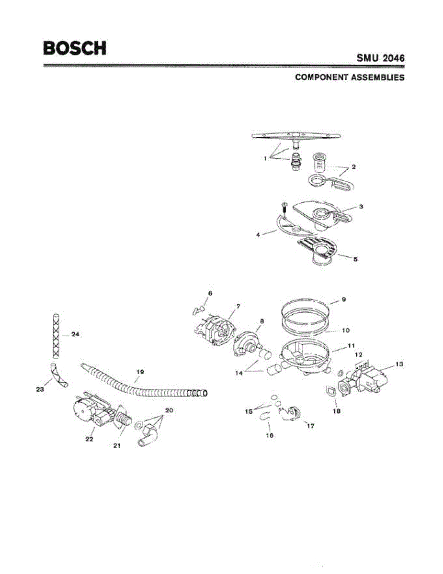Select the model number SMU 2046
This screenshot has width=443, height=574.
tap(380, 58)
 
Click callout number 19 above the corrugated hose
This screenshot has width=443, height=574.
tap(140, 371)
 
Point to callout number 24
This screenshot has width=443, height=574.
tap(75, 334)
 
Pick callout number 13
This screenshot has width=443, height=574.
tap(399, 364)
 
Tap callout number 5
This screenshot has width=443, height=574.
tap(355, 260)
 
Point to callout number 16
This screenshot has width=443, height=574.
tap(270, 436)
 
